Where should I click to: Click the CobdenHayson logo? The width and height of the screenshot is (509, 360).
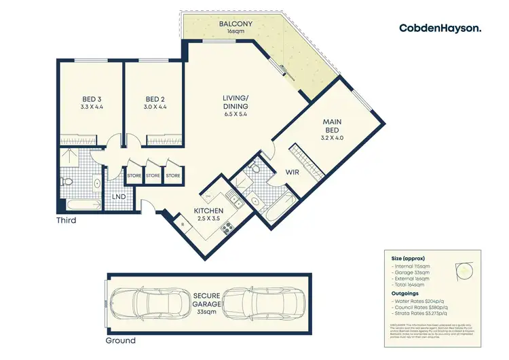click(440, 28)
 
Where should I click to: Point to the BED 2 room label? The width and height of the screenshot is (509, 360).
click(155, 103)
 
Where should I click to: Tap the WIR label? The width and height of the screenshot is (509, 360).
click(292, 172)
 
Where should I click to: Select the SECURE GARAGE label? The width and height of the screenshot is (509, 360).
click(210, 299)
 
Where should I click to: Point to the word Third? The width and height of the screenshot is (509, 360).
click(66, 221)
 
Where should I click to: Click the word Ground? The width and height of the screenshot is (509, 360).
click(121, 340)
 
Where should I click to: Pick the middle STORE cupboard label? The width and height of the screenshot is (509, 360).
click(153, 177)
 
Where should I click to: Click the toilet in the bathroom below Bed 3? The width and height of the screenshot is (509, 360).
click(68, 181)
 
